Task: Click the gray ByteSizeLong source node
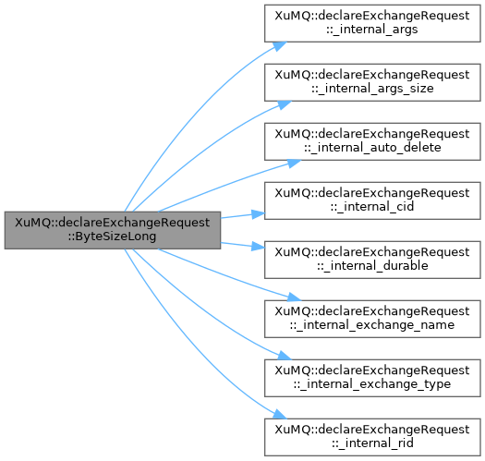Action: coord(113,230)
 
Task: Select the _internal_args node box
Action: coord(372,23)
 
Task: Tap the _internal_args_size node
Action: coord(372,82)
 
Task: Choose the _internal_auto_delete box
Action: coord(372,141)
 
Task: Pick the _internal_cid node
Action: coord(372,200)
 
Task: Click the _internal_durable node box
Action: coord(372,260)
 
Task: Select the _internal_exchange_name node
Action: coord(372,319)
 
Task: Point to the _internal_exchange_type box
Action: coord(372,378)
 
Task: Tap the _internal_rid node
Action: coord(372,437)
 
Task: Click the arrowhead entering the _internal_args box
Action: coord(280,46)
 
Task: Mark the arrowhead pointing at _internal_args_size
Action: coord(284,104)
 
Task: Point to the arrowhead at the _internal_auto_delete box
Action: coord(293,164)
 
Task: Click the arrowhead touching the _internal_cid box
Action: coord(259,213)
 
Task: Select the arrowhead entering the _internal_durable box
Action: coord(259,247)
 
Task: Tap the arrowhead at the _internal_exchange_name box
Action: coord(293,297)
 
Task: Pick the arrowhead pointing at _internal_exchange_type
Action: coord(284,356)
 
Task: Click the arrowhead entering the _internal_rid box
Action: coord(280,414)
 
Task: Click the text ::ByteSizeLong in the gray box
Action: coord(113,237)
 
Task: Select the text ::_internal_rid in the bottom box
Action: coord(372,443)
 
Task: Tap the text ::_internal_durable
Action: coord(372,266)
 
